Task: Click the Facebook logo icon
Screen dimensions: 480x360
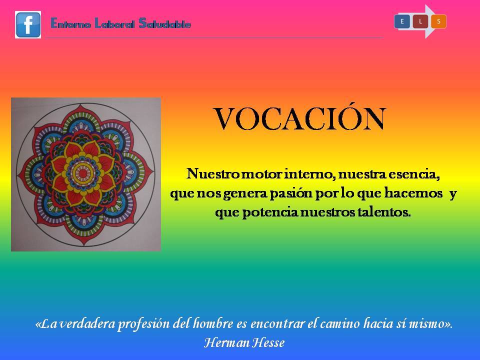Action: pyautogui.click(x=28, y=25)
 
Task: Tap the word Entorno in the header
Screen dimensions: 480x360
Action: pyautogui.click(x=70, y=23)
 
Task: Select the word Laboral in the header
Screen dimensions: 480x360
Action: pyautogui.click(x=114, y=23)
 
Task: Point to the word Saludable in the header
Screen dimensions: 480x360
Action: pyautogui.click(x=164, y=23)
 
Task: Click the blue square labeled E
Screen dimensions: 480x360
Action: pyautogui.click(x=402, y=21)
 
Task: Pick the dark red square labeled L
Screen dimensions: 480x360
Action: pyautogui.click(x=420, y=21)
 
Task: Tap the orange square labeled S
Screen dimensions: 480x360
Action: pyautogui.click(x=438, y=21)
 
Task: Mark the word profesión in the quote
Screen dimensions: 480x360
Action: pyautogui.click(x=143, y=324)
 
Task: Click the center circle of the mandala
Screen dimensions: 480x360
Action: pyautogui.click(x=83, y=174)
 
